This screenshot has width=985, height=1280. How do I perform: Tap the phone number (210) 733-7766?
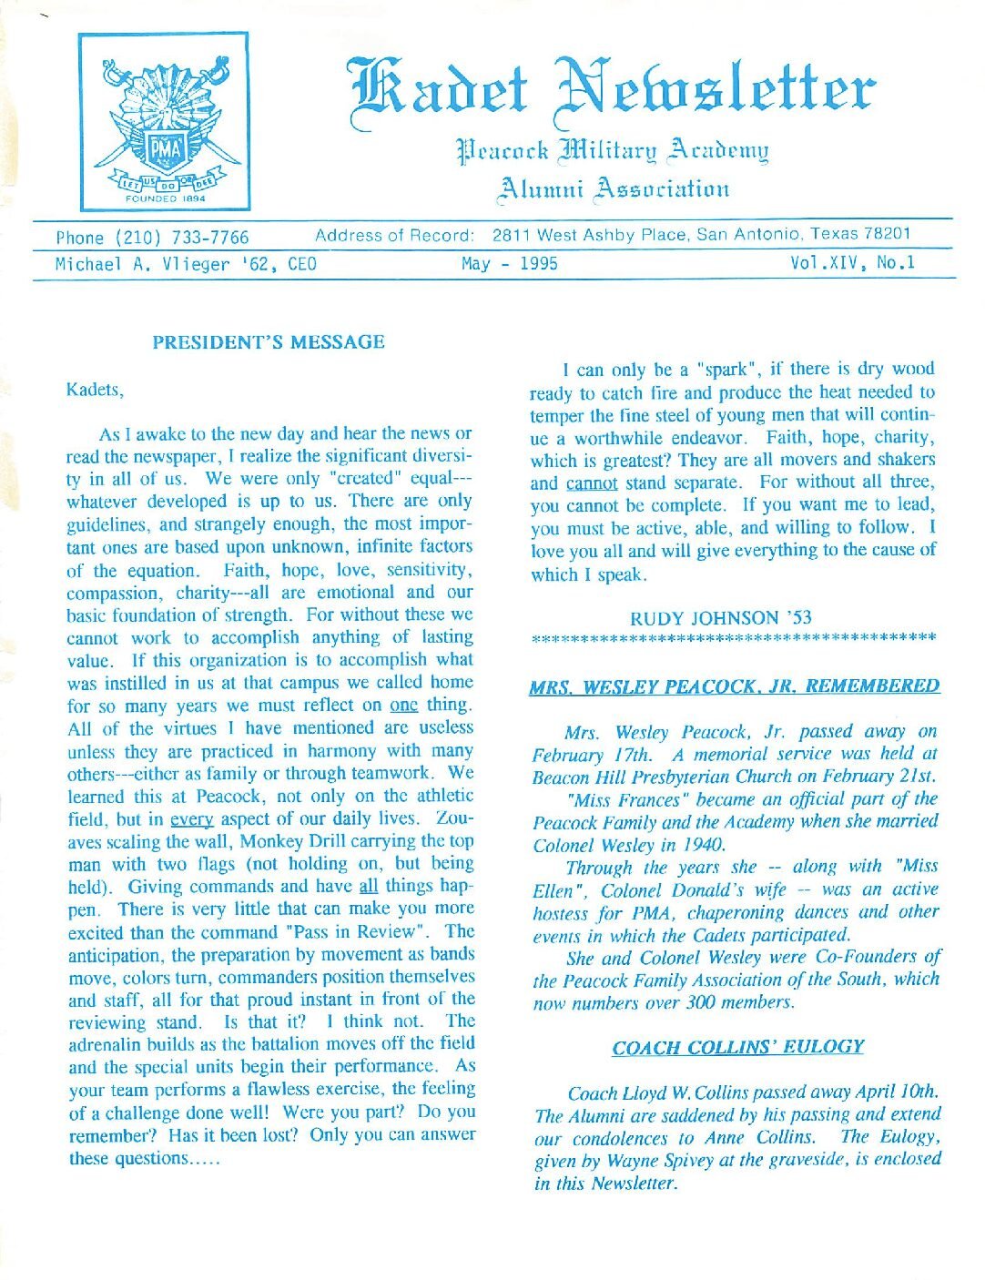(x=152, y=238)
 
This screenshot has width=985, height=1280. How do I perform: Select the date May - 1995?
(x=510, y=264)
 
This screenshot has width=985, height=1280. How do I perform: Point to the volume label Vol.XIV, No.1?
(x=853, y=264)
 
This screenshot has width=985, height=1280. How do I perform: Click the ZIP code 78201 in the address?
(x=888, y=234)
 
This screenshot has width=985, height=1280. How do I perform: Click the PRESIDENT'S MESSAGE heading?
(x=269, y=343)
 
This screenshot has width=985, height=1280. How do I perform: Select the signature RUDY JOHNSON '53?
(x=720, y=617)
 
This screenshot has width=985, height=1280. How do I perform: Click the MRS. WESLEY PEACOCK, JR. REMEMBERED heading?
(x=734, y=686)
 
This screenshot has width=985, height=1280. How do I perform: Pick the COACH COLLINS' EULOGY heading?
(x=737, y=1047)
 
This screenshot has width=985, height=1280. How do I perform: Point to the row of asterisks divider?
(x=734, y=638)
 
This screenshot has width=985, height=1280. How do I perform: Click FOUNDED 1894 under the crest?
(x=165, y=197)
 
